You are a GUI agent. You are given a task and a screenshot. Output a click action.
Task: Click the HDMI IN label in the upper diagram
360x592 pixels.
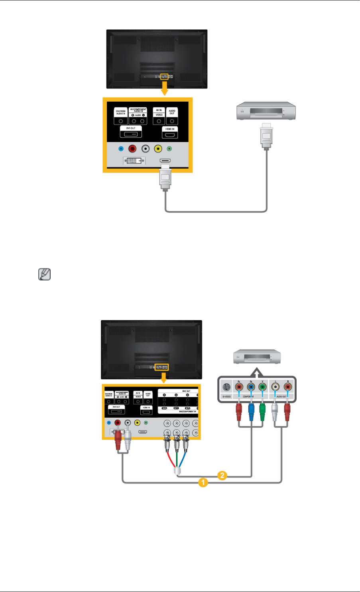click(x=170, y=129)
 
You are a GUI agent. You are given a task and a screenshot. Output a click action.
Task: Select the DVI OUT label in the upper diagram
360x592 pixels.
click(x=131, y=128)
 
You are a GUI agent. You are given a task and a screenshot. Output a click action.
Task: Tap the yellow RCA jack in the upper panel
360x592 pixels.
click(x=158, y=149)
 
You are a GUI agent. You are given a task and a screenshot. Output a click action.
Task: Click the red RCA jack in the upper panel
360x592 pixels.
click(x=132, y=149)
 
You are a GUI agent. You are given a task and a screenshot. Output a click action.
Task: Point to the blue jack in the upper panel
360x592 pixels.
click(x=121, y=149)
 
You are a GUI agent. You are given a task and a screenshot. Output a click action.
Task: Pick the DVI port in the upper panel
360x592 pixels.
click(x=134, y=160)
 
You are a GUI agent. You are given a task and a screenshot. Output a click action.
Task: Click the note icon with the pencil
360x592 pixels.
click(x=45, y=274)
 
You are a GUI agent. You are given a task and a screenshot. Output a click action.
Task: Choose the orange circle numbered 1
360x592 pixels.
click(x=203, y=483)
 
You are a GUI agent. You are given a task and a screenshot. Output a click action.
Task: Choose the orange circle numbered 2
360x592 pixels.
click(x=222, y=476)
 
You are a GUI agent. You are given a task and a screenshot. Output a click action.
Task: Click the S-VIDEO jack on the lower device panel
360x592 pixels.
click(x=226, y=387)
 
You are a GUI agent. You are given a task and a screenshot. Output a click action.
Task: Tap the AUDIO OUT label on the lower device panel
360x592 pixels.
click(x=281, y=397)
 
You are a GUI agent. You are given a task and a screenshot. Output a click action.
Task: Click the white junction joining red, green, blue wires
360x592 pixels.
click(x=177, y=471)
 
